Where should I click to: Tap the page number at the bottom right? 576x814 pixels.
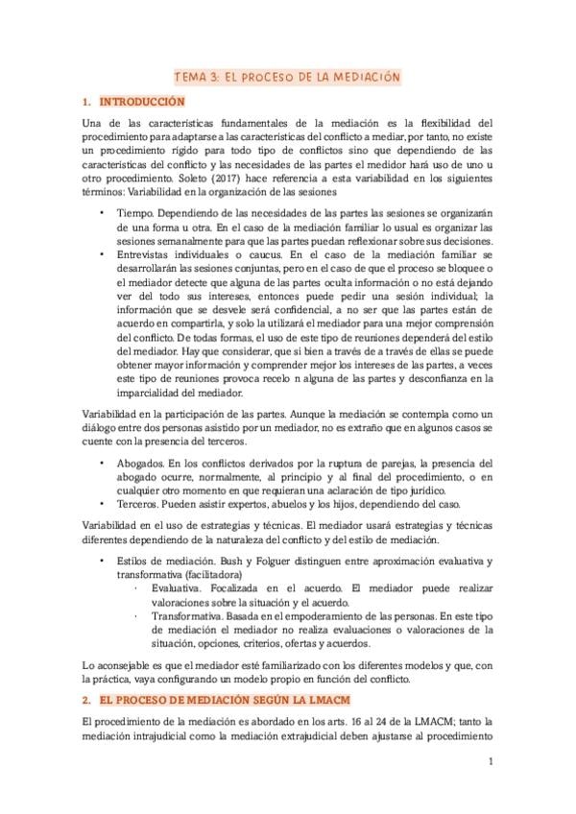click(x=490, y=763)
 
